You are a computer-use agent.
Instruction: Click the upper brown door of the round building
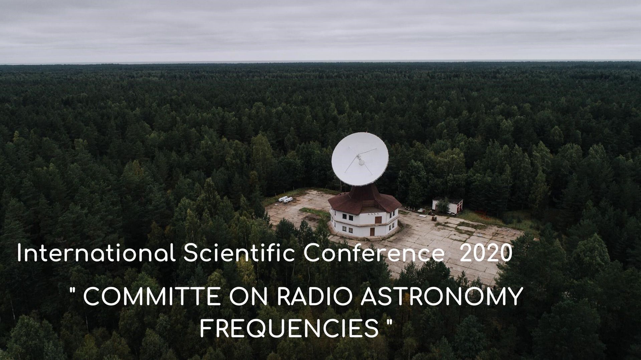coord(378,219)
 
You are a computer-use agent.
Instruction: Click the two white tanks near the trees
coord(285,199)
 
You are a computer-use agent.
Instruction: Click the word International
coord(96,253)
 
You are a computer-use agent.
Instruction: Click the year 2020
coord(486,254)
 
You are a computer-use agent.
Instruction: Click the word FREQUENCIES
coord(289,328)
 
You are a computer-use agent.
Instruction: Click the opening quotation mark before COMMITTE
coord(72,291)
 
